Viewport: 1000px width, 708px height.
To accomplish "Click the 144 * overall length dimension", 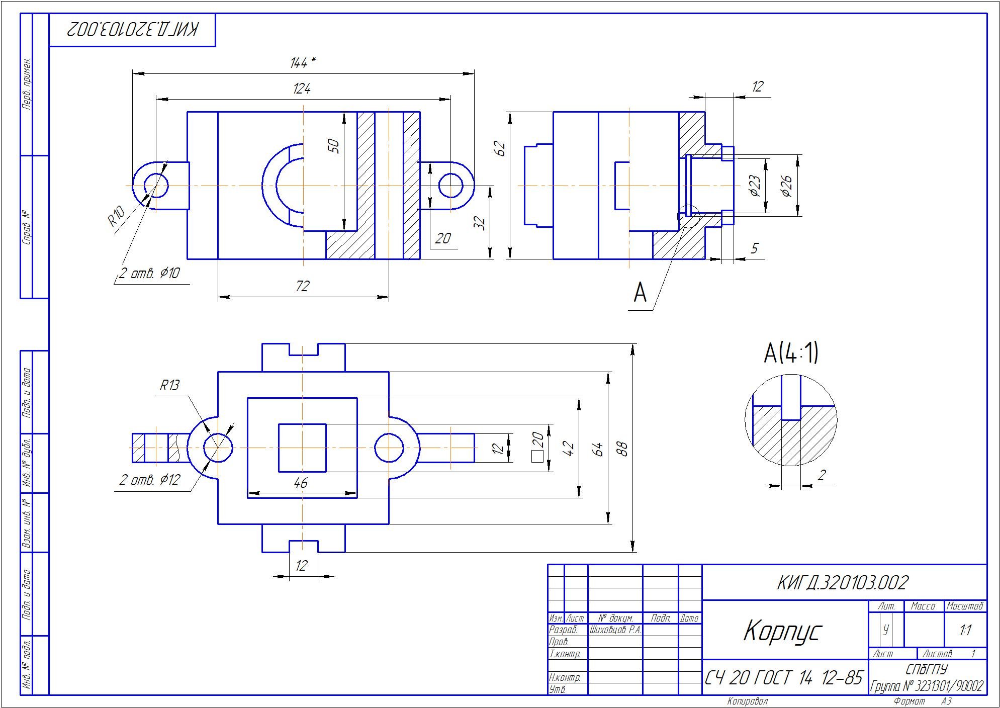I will (x=303, y=63).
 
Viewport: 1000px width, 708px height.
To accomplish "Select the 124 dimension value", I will (x=302, y=89).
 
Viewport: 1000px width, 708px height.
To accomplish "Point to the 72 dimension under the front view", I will (x=302, y=286).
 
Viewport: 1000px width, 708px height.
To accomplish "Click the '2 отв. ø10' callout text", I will (x=149, y=274).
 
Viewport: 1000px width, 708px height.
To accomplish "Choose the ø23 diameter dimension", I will (x=755, y=186).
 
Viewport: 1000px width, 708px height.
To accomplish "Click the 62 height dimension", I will (x=500, y=148).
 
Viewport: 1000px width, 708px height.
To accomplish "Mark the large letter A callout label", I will (x=640, y=292).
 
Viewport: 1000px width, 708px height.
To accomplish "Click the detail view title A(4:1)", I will (x=791, y=352).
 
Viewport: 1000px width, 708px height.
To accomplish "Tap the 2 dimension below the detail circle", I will (x=822, y=475).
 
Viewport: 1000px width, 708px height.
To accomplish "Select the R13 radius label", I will (x=169, y=386).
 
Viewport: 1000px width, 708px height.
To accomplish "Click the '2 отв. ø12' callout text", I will (x=149, y=480).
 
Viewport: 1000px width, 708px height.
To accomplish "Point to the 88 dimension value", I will (x=622, y=448).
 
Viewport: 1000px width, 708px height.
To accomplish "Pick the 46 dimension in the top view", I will (x=300, y=483).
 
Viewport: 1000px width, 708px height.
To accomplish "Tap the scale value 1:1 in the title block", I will (x=965, y=630).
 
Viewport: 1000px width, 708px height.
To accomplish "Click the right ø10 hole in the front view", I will (x=450, y=186).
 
